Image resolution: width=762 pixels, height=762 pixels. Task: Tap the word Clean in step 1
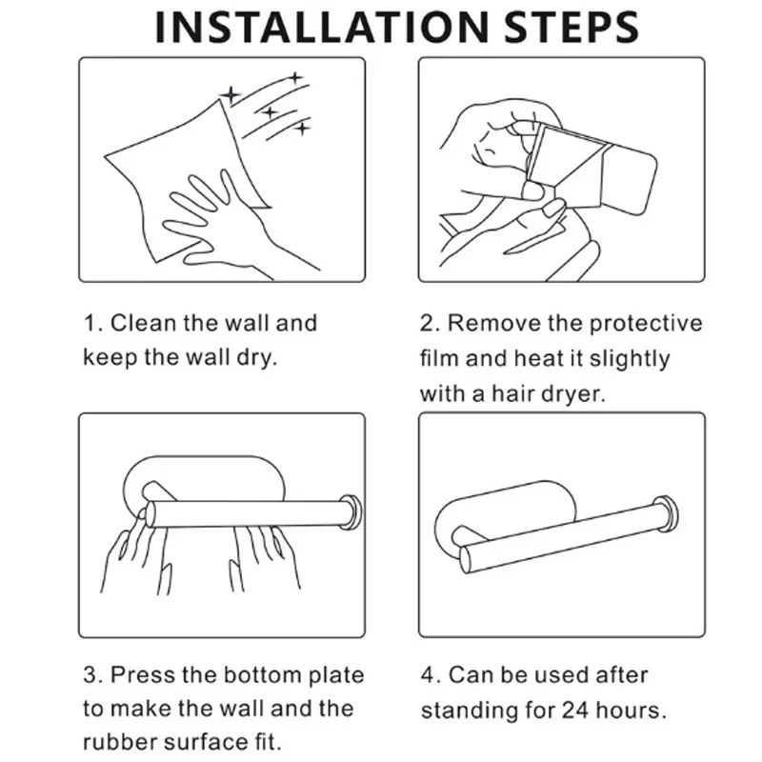142,323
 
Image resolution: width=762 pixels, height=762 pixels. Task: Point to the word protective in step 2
646,324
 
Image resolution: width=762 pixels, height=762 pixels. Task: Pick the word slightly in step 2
630,359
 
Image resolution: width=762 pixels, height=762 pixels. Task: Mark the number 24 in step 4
575,711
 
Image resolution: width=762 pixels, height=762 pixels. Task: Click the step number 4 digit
427,675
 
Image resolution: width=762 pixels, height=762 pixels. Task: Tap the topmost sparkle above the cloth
294,78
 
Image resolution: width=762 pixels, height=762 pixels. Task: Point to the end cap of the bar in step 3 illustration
351,511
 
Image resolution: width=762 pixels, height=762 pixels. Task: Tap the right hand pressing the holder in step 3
265,559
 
